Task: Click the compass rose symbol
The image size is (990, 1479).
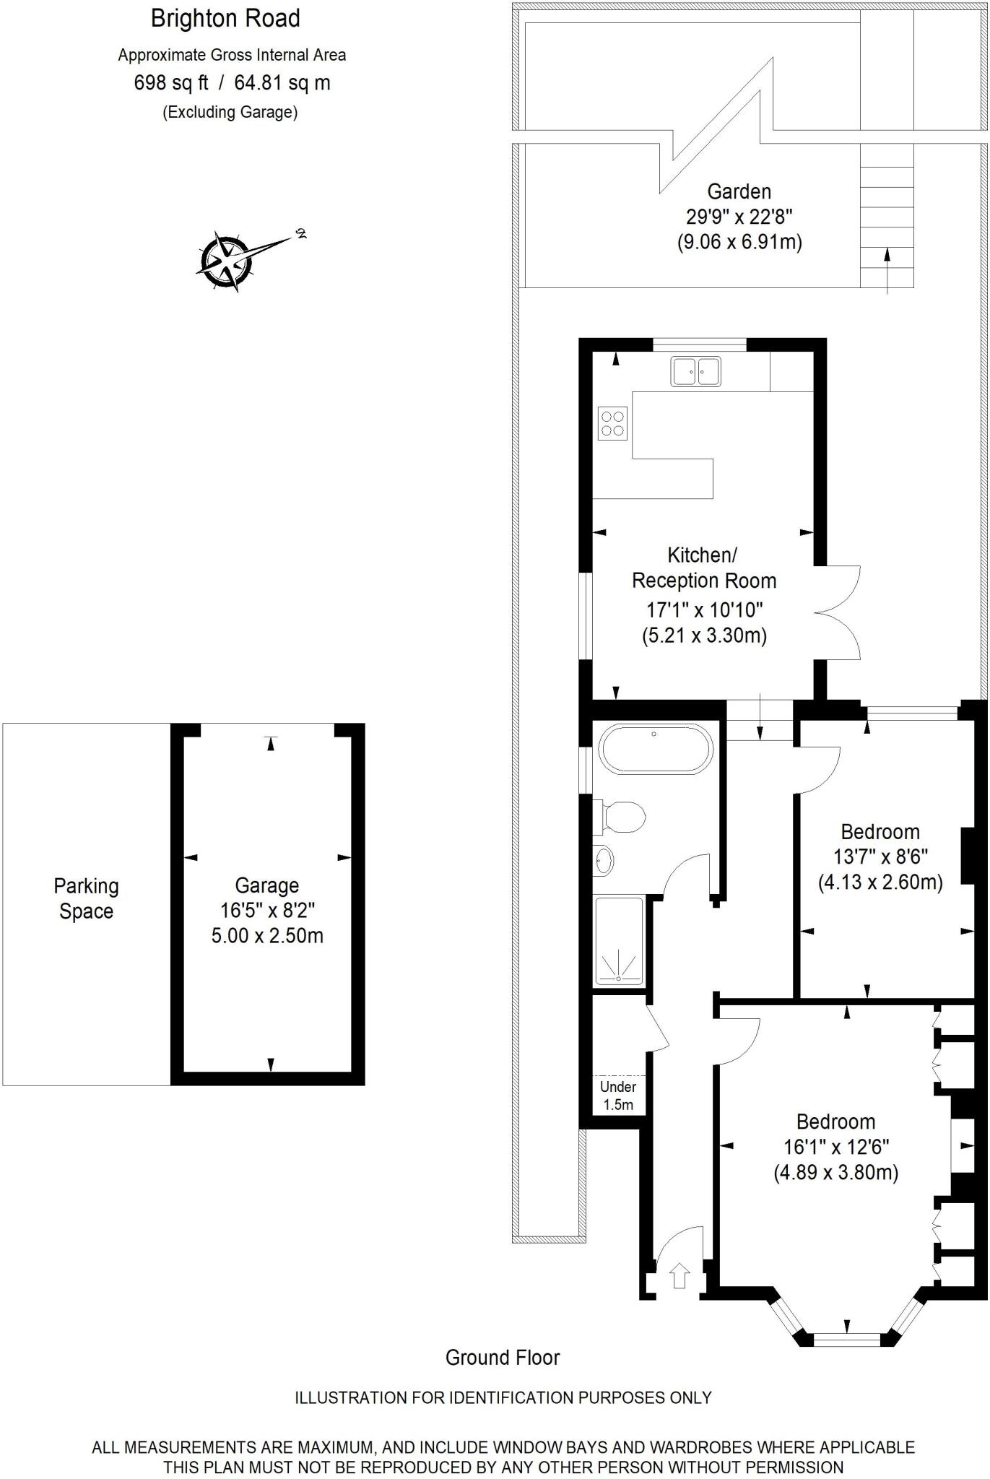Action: [227, 260]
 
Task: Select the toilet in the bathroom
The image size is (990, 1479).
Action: [621, 817]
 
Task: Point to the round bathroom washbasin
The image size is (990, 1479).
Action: [604, 860]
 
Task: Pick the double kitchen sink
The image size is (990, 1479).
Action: [695, 371]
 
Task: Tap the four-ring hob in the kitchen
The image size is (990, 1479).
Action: [613, 423]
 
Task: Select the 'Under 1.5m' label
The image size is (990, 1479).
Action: [618, 1096]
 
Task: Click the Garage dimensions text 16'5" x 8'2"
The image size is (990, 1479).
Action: [267, 910]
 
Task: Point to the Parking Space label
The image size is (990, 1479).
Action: [87, 898]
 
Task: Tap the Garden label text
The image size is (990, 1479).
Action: [739, 191]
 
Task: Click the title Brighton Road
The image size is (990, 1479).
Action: [225, 19]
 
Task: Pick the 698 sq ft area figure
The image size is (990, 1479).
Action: [171, 83]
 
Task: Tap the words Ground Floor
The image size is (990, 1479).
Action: [503, 1358]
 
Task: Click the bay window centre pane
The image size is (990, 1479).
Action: [847, 1340]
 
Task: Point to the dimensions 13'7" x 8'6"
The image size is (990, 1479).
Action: [880, 856]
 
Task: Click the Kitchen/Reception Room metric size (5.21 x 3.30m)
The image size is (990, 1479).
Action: [704, 636]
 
